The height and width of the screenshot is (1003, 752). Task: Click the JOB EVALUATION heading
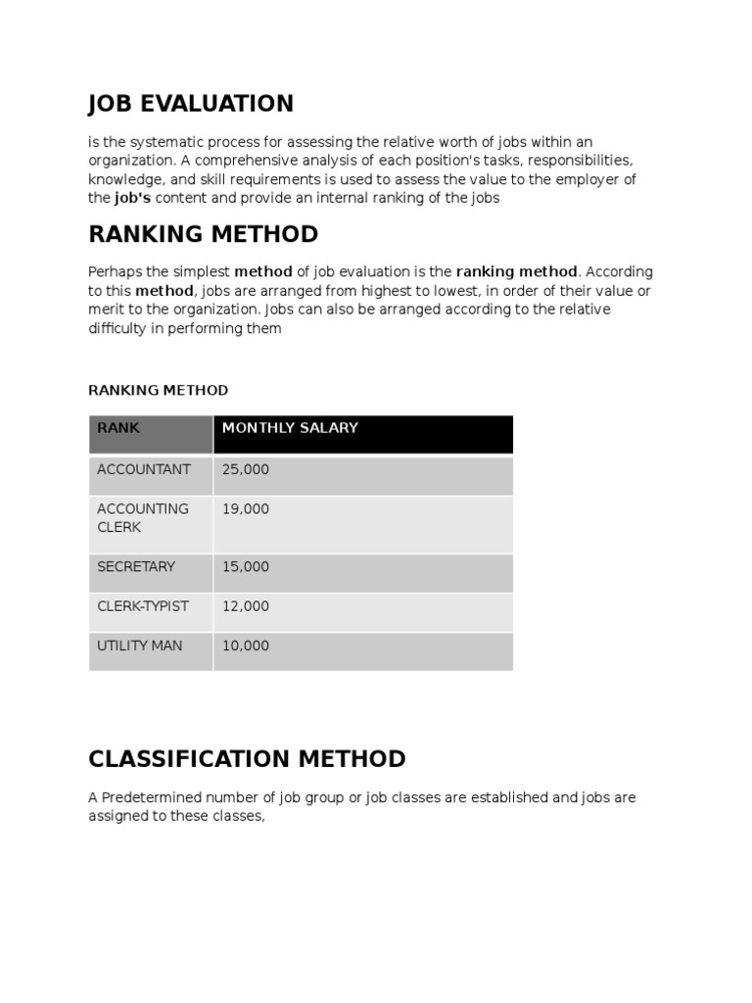pyautogui.click(x=191, y=104)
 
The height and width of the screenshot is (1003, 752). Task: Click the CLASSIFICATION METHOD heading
pyautogui.click(x=247, y=759)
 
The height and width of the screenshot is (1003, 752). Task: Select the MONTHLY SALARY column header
pyautogui.click(x=290, y=428)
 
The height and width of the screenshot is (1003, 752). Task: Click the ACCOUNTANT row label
pyautogui.click(x=144, y=469)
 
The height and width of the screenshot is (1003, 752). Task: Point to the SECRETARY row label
pyautogui.click(x=136, y=567)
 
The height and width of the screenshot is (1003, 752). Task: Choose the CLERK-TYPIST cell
pyautogui.click(x=143, y=606)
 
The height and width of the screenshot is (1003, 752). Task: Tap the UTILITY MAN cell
pyautogui.click(x=139, y=646)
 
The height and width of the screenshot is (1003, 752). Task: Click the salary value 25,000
pyautogui.click(x=246, y=469)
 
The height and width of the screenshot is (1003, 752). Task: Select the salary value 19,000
pyautogui.click(x=246, y=509)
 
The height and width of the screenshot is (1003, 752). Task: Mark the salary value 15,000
pyautogui.click(x=246, y=567)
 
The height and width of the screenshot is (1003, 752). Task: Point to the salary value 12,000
pyautogui.click(x=246, y=606)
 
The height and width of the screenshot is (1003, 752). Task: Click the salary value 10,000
pyautogui.click(x=246, y=646)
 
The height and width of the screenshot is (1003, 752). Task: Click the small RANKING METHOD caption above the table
pyautogui.click(x=158, y=390)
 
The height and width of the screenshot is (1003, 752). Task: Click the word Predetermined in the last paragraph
pyautogui.click(x=150, y=797)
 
